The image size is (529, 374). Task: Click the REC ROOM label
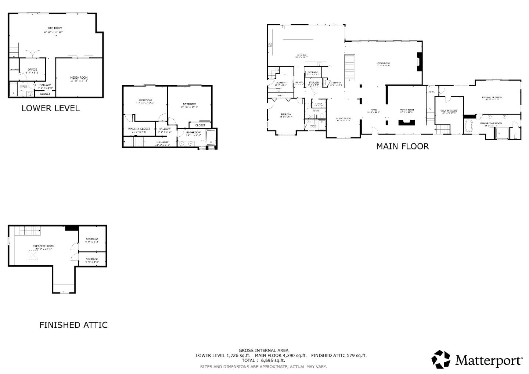pyautogui.click(x=55, y=28)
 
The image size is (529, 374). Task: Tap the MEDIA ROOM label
pyautogui.click(x=79, y=78)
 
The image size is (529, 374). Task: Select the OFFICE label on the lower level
pyautogui.click(x=32, y=69)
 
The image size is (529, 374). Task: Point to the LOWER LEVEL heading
pyautogui.click(x=50, y=108)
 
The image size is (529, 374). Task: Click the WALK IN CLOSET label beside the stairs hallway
pyautogui.click(x=139, y=129)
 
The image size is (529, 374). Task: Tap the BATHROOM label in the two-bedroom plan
pyautogui.click(x=193, y=132)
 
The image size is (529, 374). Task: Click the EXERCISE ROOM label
pyautogui.click(x=43, y=246)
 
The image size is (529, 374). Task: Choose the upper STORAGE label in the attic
pyautogui.click(x=92, y=239)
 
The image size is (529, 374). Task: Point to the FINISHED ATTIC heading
pyautogui.click(x=73, y=325)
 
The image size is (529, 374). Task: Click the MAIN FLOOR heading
pyautogui.click(x=402, y=146)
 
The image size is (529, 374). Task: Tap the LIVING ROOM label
pyautogui.click(x=383, y=64)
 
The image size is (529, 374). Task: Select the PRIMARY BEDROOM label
pyautogui.click(x=492, y=97)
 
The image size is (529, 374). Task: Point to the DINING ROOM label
pyautogui.click(x=343, y=118)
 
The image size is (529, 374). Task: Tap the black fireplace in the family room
pyautogui.click(x=407, y=122)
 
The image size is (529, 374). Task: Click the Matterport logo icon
pyautogui.click(x=441, y=359)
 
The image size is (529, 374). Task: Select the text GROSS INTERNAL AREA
pyautogui.click(x=263, y=350)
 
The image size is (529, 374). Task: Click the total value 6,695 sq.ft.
pyautogui.click(x=273, y=361)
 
